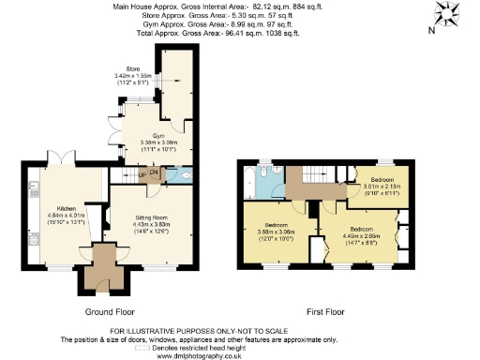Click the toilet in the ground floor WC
point(186,174)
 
